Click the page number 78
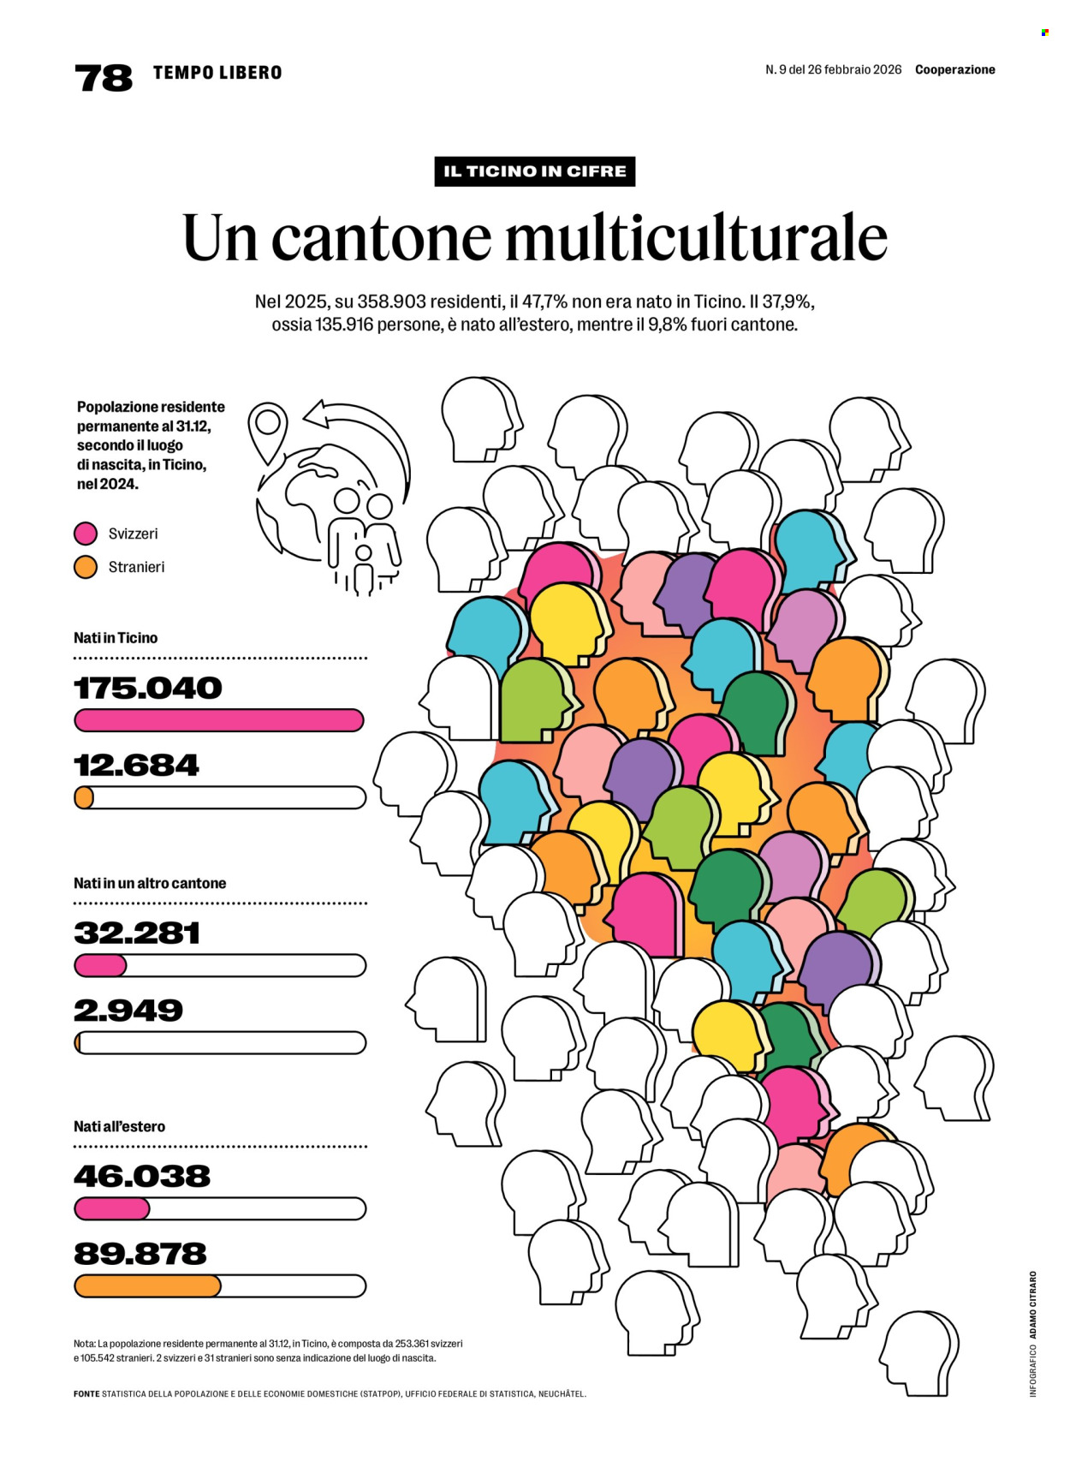point(104,78)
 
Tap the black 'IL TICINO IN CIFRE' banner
point(534,171)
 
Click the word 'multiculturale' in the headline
point(696,237)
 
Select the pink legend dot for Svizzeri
point(86,534)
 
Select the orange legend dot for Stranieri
point(86,567)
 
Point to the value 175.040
point(147,688)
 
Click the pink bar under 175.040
point(219,720)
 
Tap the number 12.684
point(136,765)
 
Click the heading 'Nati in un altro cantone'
point(150,883)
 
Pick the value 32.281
point(137,933)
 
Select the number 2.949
point(128,1010)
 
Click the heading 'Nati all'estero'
point(119,1126)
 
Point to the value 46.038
point(142,1176)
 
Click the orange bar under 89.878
point(147,1285)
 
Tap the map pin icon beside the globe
point(268,427)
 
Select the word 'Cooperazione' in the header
point(954,69)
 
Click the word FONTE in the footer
point(86,1393)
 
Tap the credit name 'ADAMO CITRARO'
point(1033,1305)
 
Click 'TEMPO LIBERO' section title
point(217,73)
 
